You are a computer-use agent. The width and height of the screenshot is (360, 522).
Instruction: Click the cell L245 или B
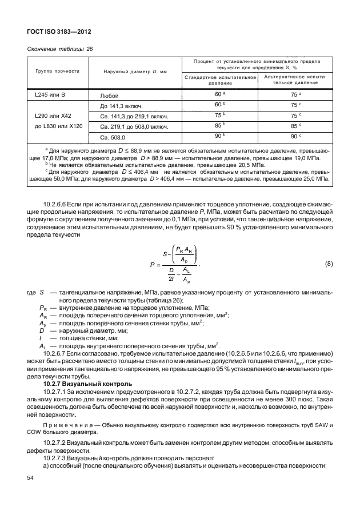[47, 95]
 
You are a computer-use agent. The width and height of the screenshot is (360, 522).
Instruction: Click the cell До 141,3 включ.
[121, 106]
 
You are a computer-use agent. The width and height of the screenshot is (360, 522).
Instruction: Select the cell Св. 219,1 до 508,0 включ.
[134, 126]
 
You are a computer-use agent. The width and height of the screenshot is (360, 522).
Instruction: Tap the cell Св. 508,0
[113, 137]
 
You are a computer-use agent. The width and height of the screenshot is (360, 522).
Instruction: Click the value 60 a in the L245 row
[219, 94]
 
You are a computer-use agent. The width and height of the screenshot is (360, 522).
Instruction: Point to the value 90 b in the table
[219, 136]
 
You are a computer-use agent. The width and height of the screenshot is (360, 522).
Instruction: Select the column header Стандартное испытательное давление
[219, 79]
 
